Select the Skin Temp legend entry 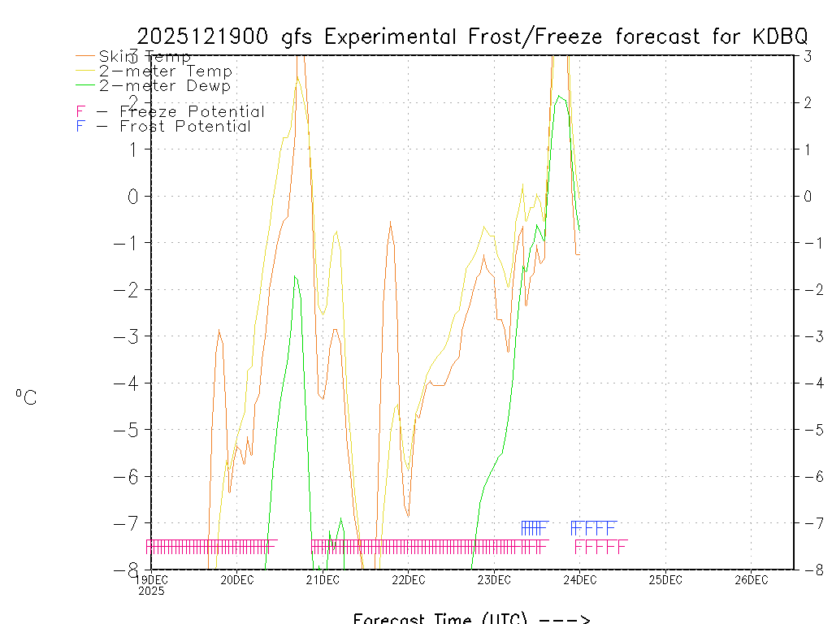click(x=145, y=57)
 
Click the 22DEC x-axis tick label click(x=408, y=579)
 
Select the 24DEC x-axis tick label click(x=579, y=579)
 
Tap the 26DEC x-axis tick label click(x=751, y=579)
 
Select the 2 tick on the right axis click(x=808, y=102)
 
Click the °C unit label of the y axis click(x=26, y=397)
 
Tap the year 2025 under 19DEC click(x=151, y=591)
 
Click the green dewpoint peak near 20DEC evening click(x=295, y=276)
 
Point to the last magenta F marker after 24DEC click(x=622, y=546)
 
